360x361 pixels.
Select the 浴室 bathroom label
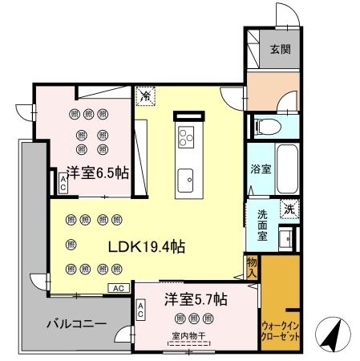coord(260,169)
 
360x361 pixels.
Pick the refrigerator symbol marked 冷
coord(146,96)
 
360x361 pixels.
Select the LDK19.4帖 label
coord(147,248)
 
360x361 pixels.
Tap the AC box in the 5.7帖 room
coord(141,310)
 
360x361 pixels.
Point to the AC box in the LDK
coord(117,287)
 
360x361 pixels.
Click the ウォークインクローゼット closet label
coord(281,331)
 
